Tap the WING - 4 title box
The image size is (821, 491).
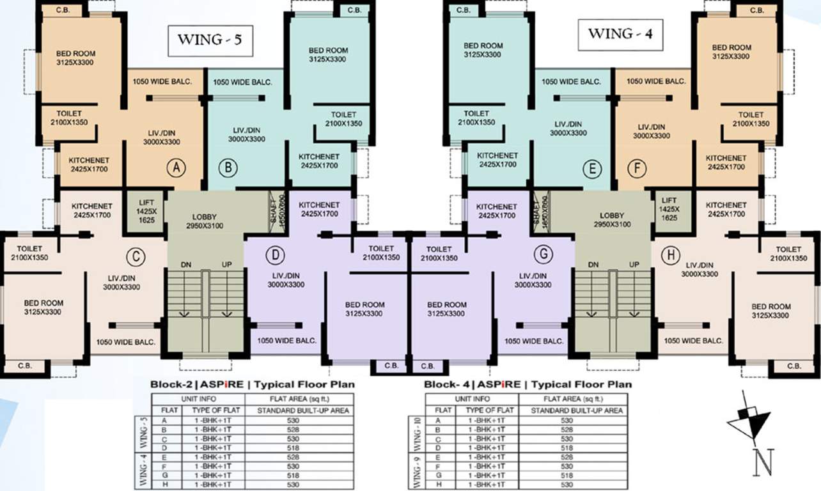point(620,34)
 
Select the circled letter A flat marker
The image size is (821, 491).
point(176,168)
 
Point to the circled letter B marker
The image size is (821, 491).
point(228,168)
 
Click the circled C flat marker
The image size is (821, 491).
point(136,257)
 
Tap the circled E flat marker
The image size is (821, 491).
point(592,169)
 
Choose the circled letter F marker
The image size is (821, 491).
point(637,169)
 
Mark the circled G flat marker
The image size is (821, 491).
point(543,254)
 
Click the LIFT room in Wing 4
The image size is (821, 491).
point(669,209)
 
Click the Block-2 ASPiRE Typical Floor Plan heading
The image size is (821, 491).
point(252,385)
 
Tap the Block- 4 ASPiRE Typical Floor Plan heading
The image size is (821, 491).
point(528,385)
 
